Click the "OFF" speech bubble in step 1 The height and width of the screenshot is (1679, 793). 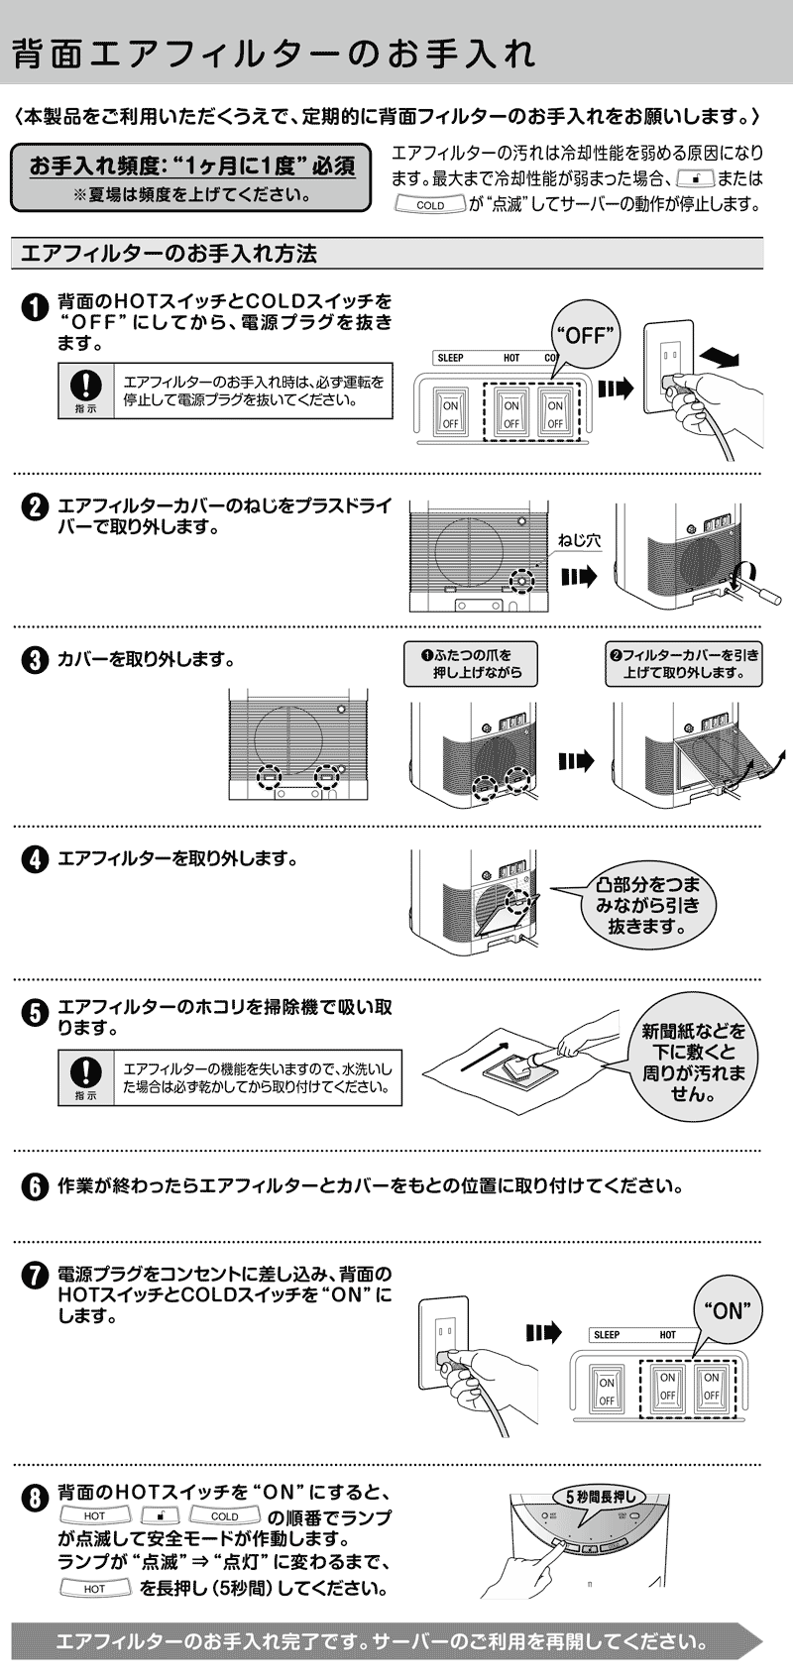584,335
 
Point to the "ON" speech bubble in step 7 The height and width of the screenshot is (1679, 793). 727,1311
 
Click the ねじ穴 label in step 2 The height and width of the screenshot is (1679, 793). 579,541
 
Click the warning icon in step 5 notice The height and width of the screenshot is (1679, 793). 87,1075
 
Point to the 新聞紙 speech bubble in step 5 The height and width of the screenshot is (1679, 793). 693,1063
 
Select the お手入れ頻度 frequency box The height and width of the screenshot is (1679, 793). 190,177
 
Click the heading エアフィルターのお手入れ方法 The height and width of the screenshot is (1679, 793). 169,254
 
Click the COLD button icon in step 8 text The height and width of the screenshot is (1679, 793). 225,1516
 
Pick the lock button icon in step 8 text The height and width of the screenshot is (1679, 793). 160,1516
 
